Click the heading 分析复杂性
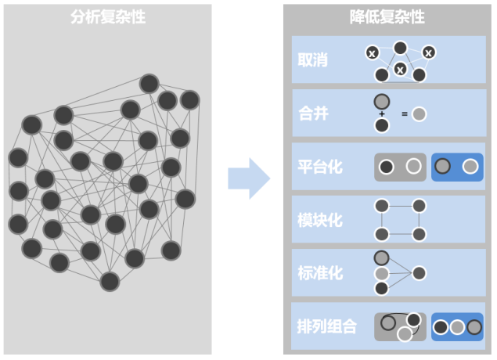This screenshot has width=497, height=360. [107, 16]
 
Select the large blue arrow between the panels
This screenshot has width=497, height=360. [248, 178]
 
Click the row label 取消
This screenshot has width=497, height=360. [313, 60]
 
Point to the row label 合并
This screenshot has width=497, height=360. [313, 113]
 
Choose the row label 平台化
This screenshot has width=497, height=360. [320, 167]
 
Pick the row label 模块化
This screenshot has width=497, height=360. [320, 220]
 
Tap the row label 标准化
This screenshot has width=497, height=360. [320, 273]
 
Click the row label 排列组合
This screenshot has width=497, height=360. [327, 326]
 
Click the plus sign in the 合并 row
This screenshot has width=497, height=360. [382, 113]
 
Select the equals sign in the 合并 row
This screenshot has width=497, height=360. [405, 114]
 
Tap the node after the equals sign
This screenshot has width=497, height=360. [420, 114]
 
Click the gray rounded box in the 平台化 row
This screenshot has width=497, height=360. [400, 167]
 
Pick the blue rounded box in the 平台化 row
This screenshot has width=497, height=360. [457, 167]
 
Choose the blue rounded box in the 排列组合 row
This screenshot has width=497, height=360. [457, 326]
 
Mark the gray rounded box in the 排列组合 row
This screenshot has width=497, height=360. [400, 326]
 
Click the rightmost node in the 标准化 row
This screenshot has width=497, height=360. [420, 273]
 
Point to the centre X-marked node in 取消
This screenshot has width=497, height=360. [400, 70]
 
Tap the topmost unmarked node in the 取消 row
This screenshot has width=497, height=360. [400, 48]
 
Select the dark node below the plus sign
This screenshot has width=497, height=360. [382, 125]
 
